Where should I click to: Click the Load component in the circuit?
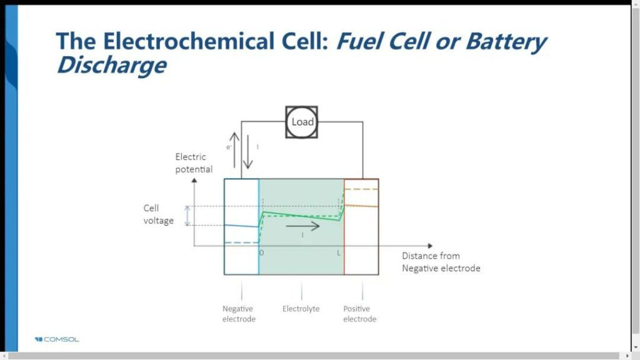tap(302, 122)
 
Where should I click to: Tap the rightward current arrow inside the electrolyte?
tap(302, 226)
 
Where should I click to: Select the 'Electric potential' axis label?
tap(194, 162)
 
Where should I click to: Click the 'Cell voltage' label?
tap(157, 214)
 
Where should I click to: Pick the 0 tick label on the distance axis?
tap(261, 252)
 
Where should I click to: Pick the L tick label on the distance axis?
tap(339, 252)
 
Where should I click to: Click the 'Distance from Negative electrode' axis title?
tap(441, 262)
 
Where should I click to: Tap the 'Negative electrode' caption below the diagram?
tap(239, 314)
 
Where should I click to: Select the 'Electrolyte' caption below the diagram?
tap(301, 309)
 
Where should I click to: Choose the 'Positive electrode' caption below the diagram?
tap(359, 314)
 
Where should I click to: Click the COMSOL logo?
tap(57, 339)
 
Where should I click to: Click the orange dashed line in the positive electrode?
tap(361, 188)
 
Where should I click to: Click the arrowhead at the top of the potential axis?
tap(194, 181)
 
